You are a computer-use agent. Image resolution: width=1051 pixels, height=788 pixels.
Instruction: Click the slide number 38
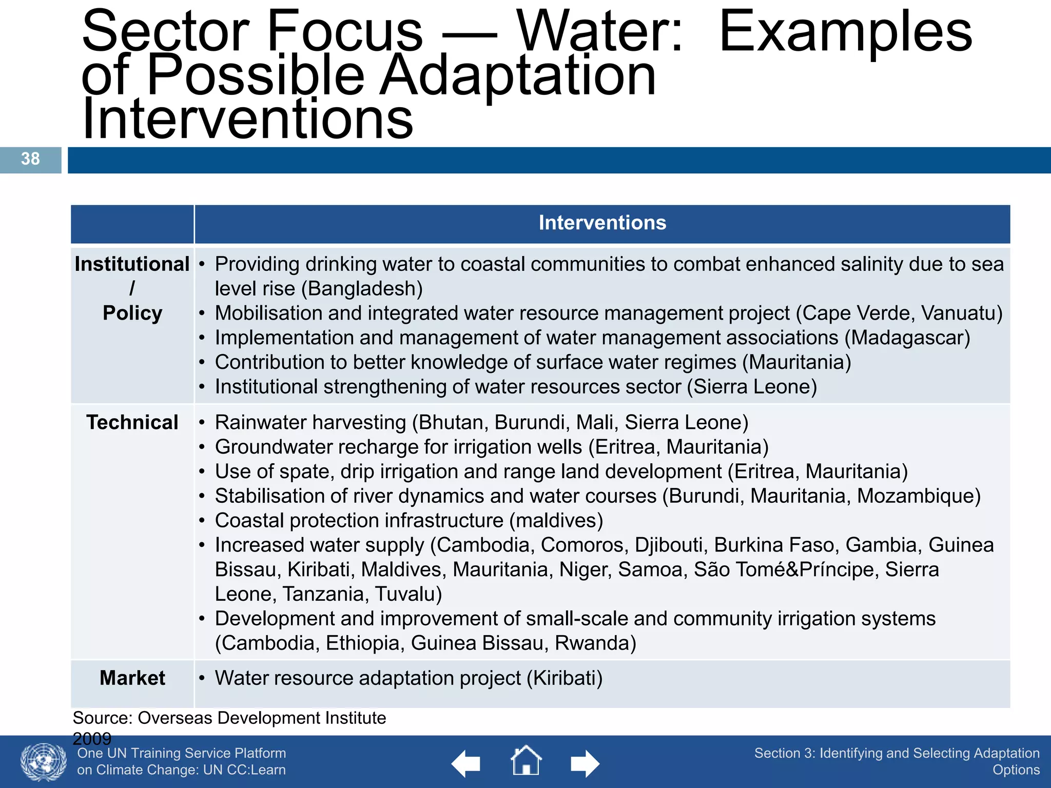[30, 159]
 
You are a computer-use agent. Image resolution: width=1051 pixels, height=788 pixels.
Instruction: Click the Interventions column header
[602, 223]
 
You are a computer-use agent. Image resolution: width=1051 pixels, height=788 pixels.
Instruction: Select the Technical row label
[132, 423]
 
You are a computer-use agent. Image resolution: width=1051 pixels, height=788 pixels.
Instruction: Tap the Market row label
[132, 678]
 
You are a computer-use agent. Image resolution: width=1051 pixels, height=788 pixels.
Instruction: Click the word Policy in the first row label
[132, 313]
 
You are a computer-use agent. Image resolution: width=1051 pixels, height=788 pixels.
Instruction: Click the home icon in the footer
[526, 761]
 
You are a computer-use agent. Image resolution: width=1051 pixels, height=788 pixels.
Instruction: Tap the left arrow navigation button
[466, 764]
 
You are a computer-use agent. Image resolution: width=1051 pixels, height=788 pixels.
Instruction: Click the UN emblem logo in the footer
[44, 762]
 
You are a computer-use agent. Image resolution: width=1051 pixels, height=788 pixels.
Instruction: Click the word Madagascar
[907, 338]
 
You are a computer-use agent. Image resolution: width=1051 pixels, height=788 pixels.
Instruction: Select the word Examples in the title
[845, 32]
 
